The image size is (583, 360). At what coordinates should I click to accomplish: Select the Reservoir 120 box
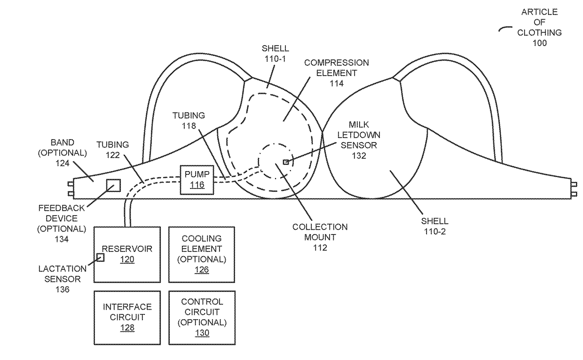pos(127,254)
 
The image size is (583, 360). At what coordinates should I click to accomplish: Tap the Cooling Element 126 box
pos(202,254)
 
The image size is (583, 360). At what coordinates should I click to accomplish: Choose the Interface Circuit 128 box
pos(127,317)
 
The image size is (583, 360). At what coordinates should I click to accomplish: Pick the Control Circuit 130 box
pos(202,317)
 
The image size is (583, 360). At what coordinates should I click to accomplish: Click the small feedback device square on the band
pos(113,185)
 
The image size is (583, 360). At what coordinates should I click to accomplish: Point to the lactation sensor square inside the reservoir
pos(100,257)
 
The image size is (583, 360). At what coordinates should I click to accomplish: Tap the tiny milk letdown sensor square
pos(285,162)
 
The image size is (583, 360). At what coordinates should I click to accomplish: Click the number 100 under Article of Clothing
pos(539,43)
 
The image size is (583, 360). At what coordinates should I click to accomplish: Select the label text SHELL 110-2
pos(434,226)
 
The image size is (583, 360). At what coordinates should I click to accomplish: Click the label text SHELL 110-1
pos(276,53)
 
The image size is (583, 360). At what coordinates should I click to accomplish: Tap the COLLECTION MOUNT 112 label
pos(320,237)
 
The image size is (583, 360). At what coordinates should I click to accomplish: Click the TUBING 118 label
pos(189,120)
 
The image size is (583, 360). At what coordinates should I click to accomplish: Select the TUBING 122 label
pos(113,150)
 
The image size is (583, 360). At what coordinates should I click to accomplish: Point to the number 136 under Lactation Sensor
pos(62,290)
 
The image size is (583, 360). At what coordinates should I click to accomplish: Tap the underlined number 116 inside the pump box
pos(197,185)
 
